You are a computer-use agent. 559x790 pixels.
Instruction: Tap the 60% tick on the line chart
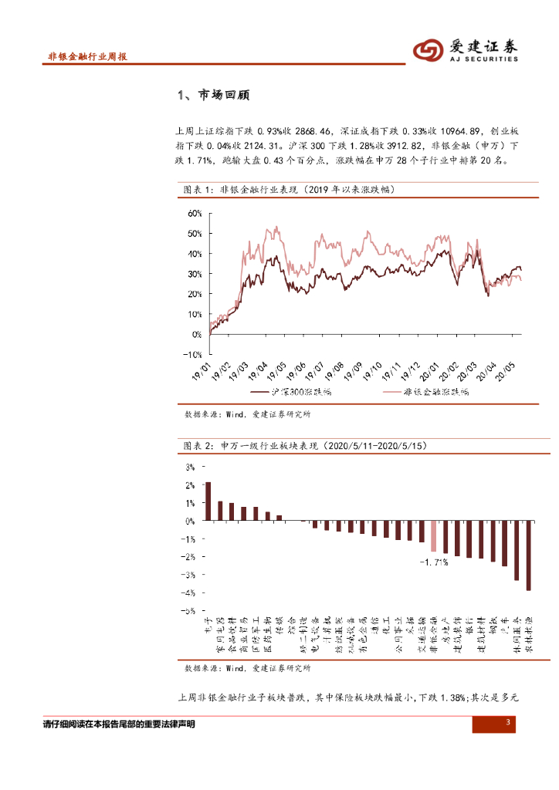click(194, 213)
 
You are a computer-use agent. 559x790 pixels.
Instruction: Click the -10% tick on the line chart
click(192, 355)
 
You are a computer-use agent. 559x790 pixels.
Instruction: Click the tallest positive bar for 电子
click(208, 501)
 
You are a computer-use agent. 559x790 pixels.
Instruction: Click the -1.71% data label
click(435, 562)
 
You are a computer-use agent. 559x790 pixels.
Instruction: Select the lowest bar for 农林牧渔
click(529, 555)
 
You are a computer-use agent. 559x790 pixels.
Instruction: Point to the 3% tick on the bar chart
click(190, 467)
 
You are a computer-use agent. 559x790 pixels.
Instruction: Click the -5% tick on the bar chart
click(189, 610)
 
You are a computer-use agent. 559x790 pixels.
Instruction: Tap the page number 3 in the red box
click(507, 722)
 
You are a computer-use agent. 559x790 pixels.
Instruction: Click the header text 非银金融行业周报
click(87, 58)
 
